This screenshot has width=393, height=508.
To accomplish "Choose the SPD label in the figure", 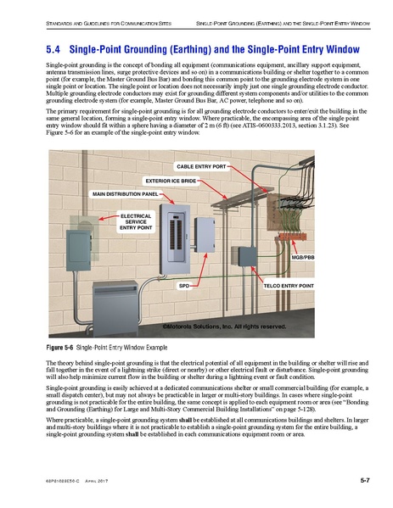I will point(183,287).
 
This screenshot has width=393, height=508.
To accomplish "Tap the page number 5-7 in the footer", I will point(363,481).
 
